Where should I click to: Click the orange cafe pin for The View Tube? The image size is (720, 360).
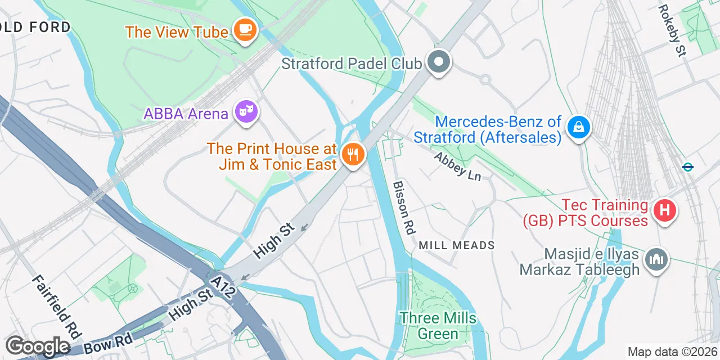[245, 30]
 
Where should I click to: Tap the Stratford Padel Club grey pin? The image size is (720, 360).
[439, 62]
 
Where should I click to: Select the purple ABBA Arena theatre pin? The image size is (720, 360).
[245, 111]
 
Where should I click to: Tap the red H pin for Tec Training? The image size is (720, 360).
[664, 211]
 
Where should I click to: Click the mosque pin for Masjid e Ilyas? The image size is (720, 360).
[656, 260]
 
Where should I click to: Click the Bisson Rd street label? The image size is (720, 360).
[404, 208]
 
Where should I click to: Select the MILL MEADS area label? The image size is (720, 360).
[457, 245]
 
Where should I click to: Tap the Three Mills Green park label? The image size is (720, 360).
[438, 326]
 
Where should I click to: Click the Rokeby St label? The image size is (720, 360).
[672, 31]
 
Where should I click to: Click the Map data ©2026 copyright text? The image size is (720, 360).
[672, 352]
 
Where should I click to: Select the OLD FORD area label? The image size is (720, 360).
[35, 27]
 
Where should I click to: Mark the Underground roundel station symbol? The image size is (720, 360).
[687, 166]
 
